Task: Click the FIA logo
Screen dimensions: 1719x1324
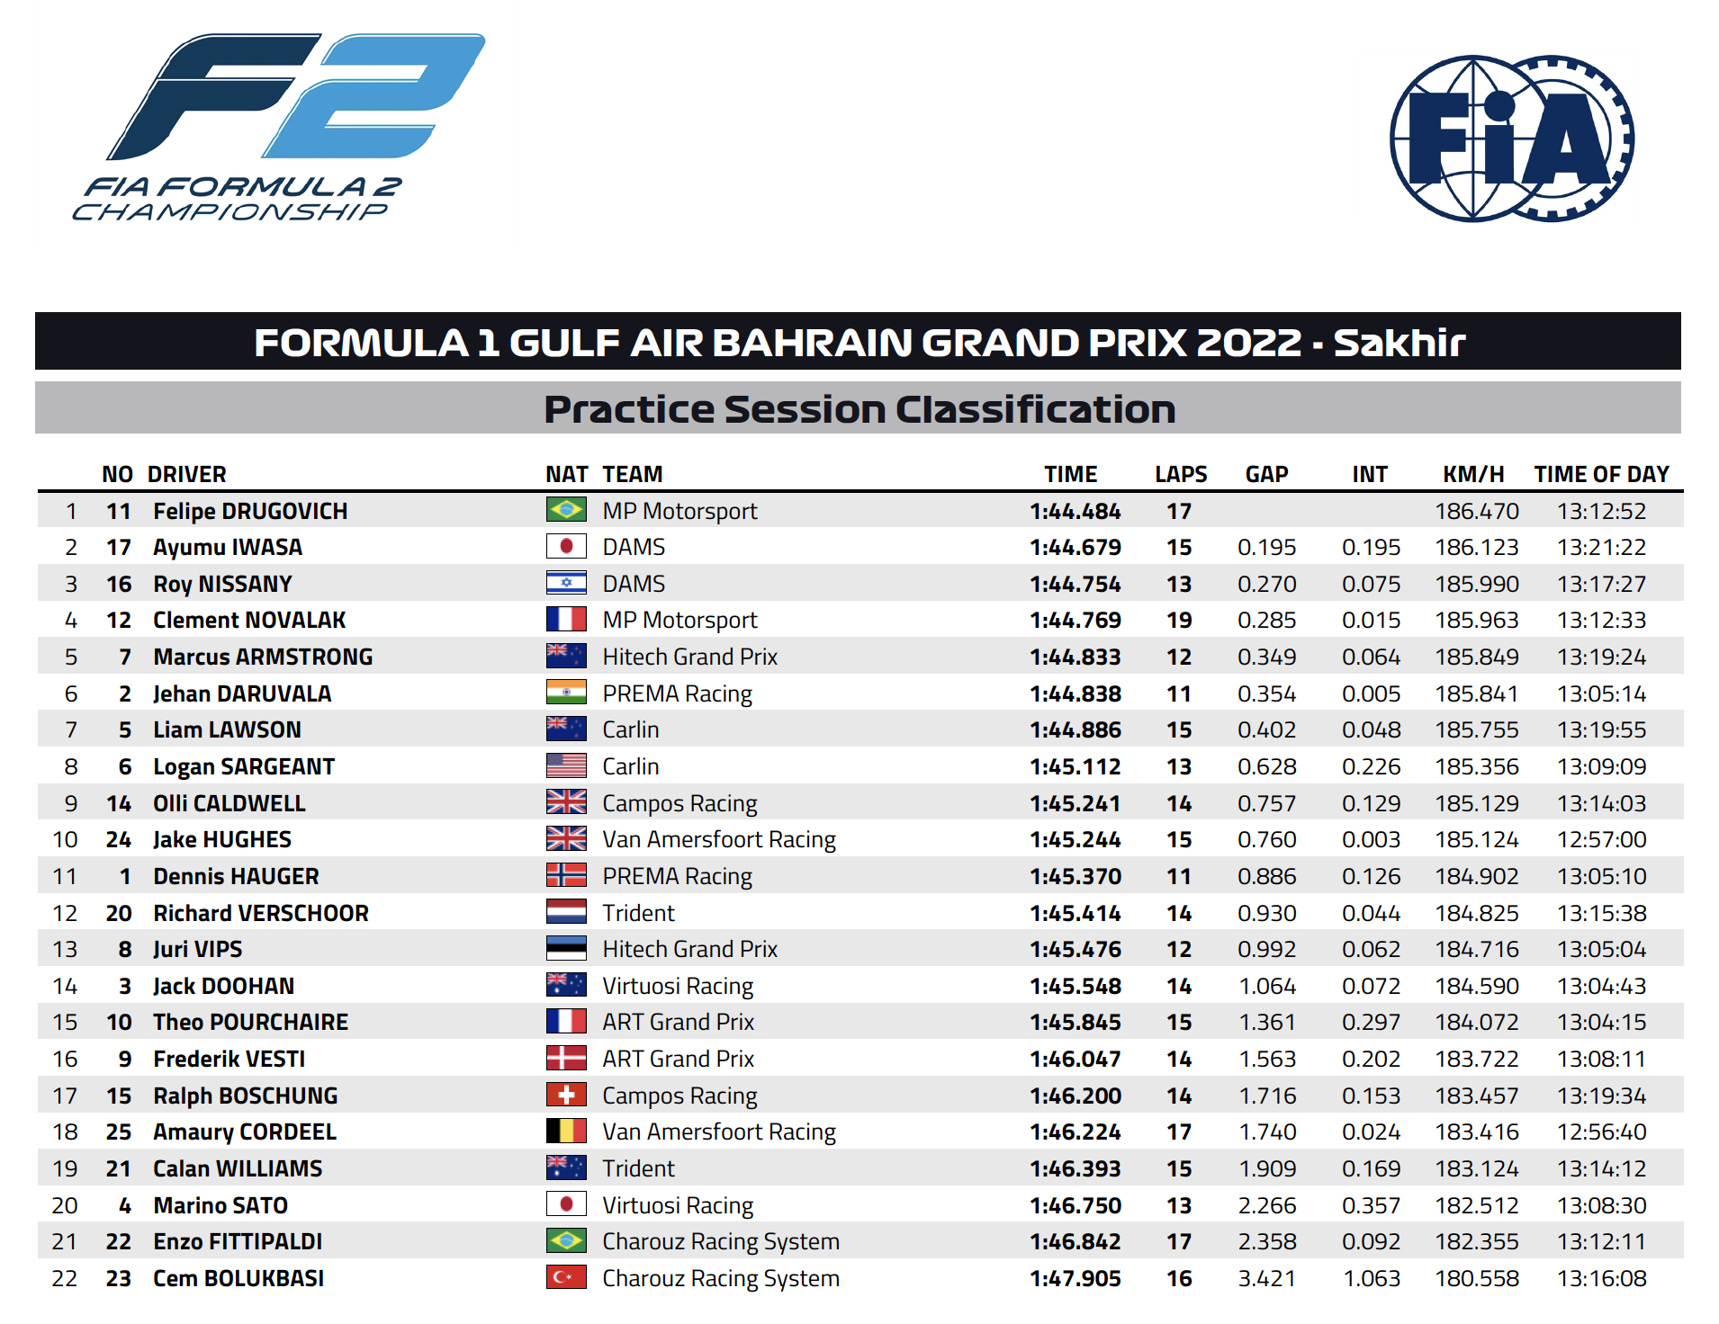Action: [1512, 139]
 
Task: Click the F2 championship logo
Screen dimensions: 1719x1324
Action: [279, 127]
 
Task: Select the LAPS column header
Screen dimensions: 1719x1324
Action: [1181, 474]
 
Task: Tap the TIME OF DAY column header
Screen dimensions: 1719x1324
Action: [1601, 474]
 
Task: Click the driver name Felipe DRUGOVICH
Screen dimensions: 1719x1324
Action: [250, 511]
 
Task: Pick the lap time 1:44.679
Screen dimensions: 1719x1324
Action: [1075, 547]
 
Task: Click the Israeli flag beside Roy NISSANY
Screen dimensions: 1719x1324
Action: [566, 583]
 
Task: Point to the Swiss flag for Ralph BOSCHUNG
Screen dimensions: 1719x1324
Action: [566, 1095]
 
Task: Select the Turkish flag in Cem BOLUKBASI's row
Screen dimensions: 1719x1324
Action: [566, 1277]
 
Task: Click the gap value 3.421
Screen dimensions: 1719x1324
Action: [1267, 1278]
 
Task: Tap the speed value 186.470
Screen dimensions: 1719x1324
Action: [1477, 511]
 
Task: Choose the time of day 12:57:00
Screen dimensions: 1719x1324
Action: [1602, 839]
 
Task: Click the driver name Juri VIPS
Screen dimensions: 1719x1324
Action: [198, 949]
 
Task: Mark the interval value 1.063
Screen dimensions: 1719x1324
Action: [1372, 1278]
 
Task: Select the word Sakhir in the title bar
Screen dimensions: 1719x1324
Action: [1399, 343]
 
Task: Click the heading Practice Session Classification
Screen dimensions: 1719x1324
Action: [859, 409]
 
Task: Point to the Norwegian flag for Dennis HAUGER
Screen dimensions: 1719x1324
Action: [566, 875]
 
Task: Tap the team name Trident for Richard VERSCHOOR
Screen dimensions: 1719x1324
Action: [638, 913]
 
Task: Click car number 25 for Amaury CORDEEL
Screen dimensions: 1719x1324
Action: [119, 1132]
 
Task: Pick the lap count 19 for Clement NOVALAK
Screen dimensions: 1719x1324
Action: [1179, 620]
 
